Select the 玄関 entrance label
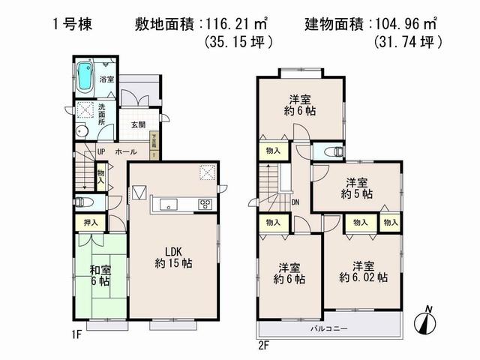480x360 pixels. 137,124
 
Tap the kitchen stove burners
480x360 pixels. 205,204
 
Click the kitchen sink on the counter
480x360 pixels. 168,203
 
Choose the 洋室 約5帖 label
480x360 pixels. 356,187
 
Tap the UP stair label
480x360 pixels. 100,152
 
